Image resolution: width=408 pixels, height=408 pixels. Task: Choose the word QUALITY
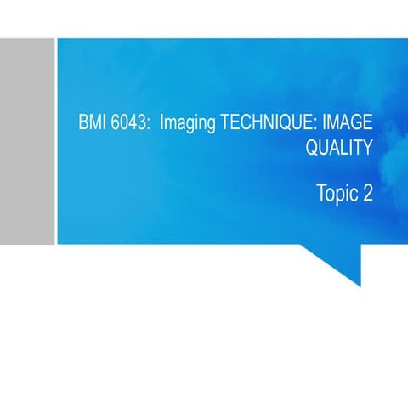pyautogui.click(x=338, y=148)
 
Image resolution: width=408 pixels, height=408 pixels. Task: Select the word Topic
pyautogui.click(x=337, y=194)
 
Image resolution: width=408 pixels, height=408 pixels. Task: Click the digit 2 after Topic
pyautogui.click(x=367, y=193)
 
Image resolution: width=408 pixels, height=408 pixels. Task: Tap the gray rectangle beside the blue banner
pyautogui.click(x=26, y=140)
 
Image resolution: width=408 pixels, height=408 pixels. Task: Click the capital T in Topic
pyautogui.click(x=320, y=193)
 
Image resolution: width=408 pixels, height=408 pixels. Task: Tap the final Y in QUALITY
pyautogui.click(x=367, y=148)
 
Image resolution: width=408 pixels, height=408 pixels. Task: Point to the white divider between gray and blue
pyautogui.click(x=55, y=140)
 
